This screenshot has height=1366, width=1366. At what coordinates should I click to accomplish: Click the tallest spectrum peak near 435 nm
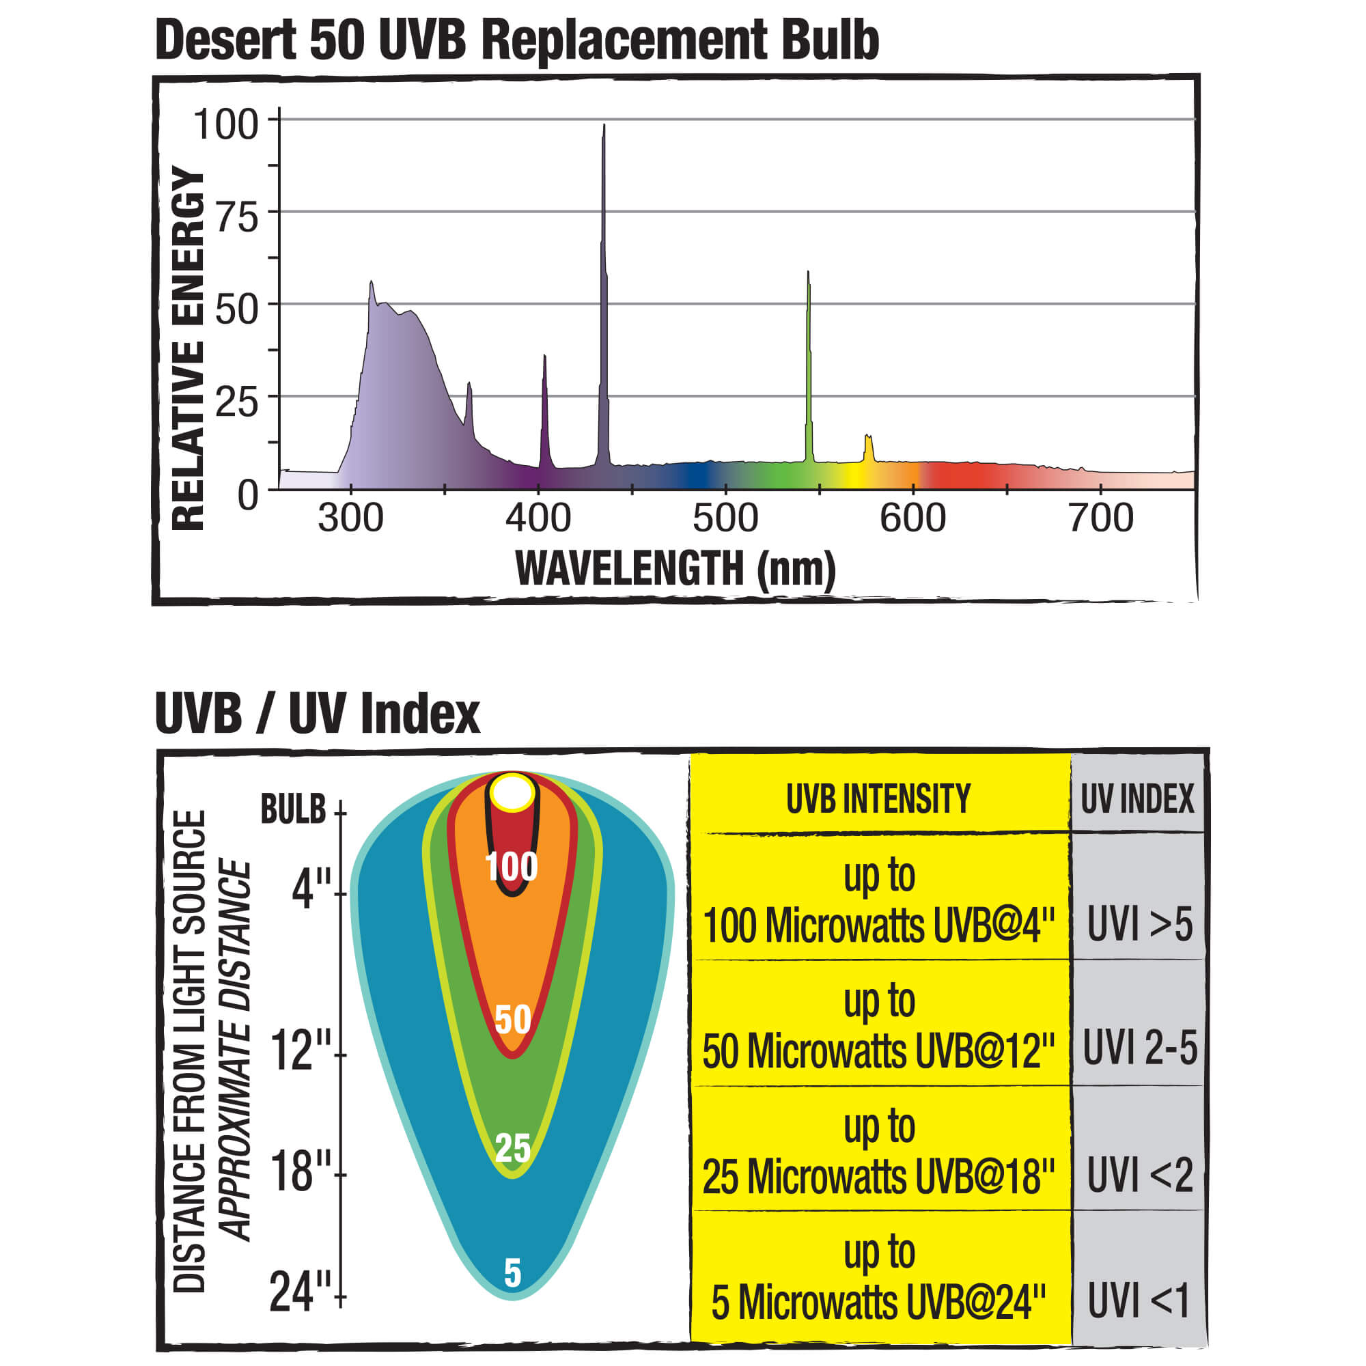pyautogui.click(x=603, y=212)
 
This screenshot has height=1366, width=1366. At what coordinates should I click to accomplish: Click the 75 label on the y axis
pyautogui.click(x=237, y=217)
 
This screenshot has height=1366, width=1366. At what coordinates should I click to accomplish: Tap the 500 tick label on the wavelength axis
pyautogui.click(x=725, y=518)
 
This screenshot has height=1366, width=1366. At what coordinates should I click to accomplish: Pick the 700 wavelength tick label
pyautogui.click(x=1100, y=518)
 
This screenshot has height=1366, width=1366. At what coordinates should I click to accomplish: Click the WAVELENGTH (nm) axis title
pyautogui.click(x=675, y=568)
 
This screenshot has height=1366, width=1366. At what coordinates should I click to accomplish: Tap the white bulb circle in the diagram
pyautogui.click(x=512, y=792)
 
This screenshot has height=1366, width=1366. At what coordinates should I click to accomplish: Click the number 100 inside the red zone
pyautogui.click(x=512, y=867)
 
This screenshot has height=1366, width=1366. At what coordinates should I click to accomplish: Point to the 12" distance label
pyautogui.click(x=301, y=1051)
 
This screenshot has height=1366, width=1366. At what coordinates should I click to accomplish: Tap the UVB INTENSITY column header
pyautogui.click(x=878, y=799)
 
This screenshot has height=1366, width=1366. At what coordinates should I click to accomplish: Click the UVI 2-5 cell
pyautogui.click(x=1139, y=1048)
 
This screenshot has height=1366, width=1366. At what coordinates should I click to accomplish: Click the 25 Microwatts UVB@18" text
pyautogui.click(x=878, y=1177)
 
